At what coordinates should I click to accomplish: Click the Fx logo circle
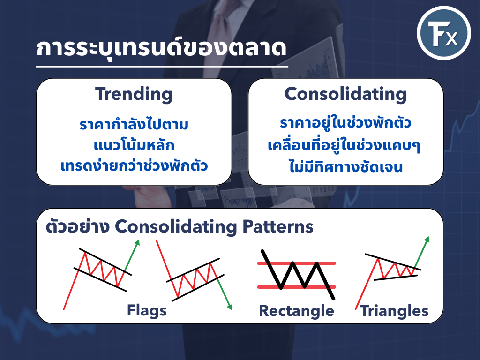click(x=443, y=32)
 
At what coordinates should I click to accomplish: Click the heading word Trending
click(x=134, y=94)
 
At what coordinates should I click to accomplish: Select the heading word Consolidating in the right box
click(x=345, y=94)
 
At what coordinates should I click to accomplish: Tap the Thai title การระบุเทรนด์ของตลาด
click(x=161, y=48)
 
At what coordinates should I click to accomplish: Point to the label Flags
click(x=147, y=310)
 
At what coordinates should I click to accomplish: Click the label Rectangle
click(x=296, y=311)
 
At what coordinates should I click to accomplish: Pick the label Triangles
click(x=394, y=311)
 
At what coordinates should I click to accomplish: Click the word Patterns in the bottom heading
click(x=277, y=226)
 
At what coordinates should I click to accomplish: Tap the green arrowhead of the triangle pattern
click(x=427, y=239)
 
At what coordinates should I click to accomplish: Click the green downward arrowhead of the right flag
click(x=229, y=307)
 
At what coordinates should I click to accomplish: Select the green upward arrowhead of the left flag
click(x=137, y=242)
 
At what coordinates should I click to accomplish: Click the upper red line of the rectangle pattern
click(x=296, y=263)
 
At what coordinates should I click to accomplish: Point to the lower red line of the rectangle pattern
click(x=296, y=287)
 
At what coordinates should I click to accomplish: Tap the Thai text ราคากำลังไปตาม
click(x=134, y=124)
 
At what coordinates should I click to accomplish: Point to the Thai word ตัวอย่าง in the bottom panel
click(x=78, y=226)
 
